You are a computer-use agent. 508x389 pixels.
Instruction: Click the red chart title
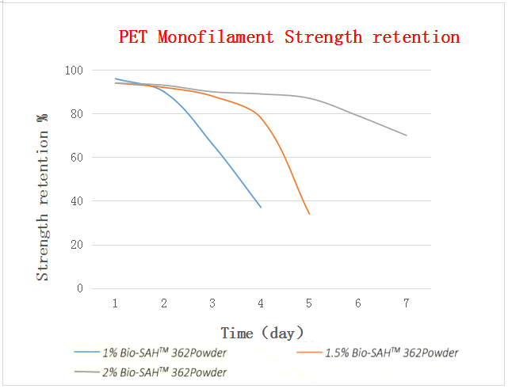288,36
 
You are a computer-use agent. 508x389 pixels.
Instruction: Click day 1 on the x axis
116,303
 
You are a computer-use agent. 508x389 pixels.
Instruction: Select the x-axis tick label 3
212,303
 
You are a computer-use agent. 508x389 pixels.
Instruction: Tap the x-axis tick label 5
309,303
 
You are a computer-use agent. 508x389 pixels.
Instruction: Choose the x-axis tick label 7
406,303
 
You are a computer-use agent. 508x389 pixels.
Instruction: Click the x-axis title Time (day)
262,333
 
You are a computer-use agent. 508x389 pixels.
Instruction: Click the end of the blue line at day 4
261,208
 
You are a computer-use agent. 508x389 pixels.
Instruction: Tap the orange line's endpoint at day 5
309,214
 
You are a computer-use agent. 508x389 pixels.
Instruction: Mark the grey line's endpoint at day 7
407,135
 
